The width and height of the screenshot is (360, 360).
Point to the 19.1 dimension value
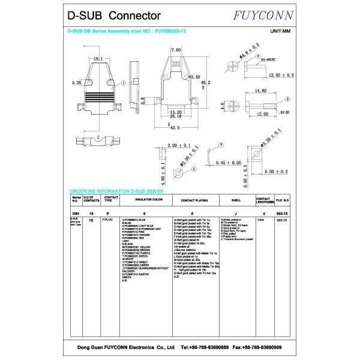(97, 58)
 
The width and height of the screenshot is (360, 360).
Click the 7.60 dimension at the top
(176, 50)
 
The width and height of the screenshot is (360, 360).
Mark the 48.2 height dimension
(205, 83)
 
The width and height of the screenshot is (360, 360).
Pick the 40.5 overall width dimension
(175, 128)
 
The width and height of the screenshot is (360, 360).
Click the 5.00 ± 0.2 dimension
(276, 172)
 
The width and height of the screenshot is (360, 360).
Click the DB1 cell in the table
(76, 213)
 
